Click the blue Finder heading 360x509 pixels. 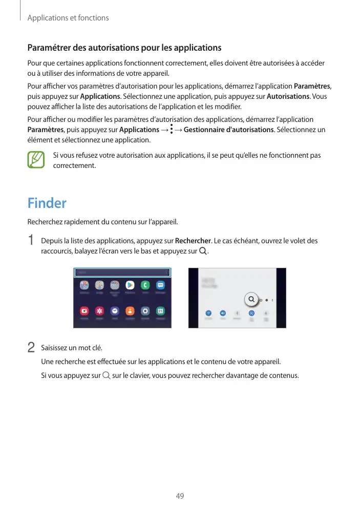[47, 203]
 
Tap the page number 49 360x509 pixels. [180, 496]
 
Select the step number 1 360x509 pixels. [31, 240]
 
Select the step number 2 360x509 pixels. [31, 347]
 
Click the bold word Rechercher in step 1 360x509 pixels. [193, 241]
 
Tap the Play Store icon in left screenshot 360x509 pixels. [130, 286]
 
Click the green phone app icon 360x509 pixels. [145, 286]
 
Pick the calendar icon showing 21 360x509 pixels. [160, 311]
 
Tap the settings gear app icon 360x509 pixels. [145, 311]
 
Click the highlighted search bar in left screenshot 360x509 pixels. [122, 272]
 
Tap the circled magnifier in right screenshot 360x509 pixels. [251, 300]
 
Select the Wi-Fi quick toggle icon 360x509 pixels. [208, 313]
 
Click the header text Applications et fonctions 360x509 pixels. [68, 18]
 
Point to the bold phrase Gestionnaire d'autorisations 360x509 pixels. [228, 130]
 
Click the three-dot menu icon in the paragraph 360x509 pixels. [171, 130]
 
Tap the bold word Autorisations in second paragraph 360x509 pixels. [288, 97]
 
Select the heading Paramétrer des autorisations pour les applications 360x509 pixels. [124, 48]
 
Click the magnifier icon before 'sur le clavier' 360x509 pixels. [106, 376]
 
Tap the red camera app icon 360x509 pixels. [84, 311]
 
